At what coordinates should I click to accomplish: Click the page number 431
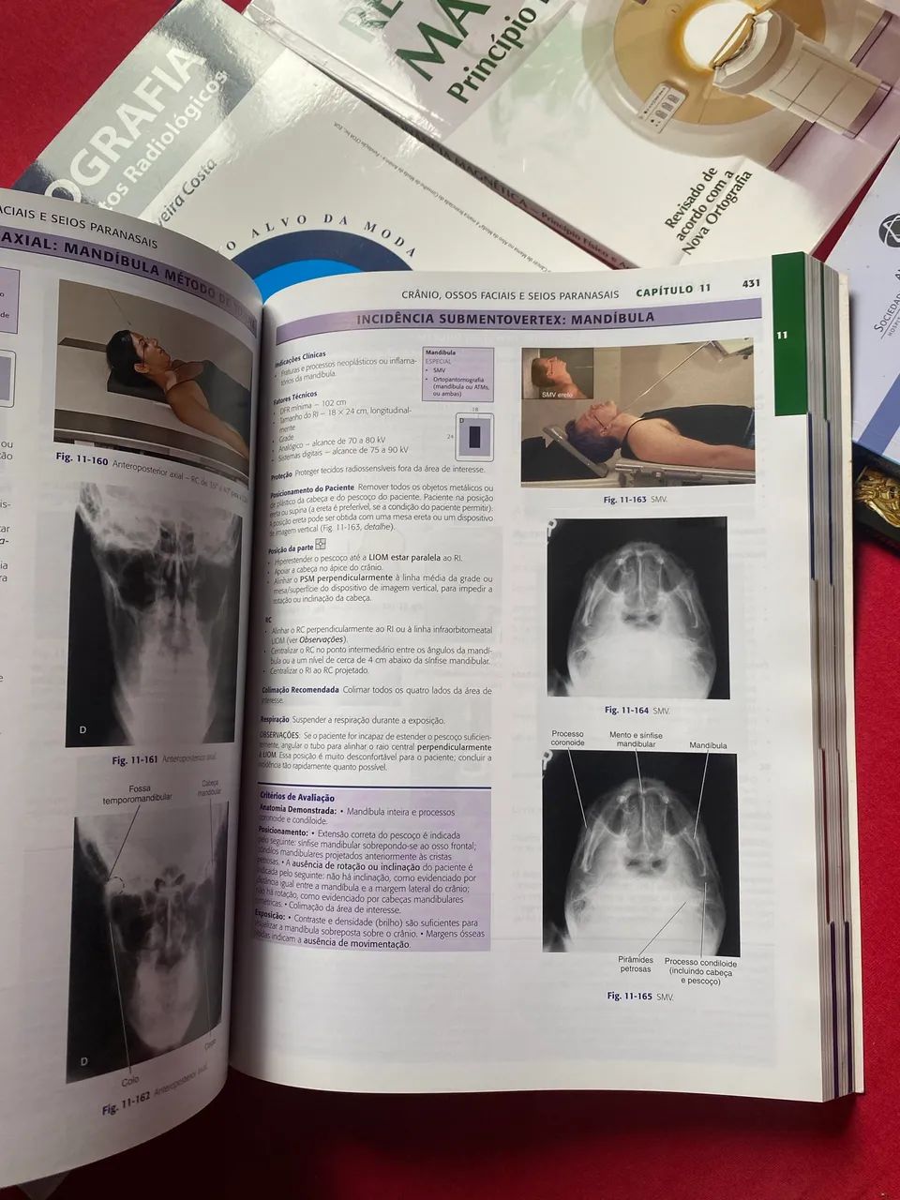750,283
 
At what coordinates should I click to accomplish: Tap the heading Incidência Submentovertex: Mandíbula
504,319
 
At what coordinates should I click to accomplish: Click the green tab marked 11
781,334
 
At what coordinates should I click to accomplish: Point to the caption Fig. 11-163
626,500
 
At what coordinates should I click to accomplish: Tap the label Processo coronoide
567,738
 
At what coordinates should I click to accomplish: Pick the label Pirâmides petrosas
635,964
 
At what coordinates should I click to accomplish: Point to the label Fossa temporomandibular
137,793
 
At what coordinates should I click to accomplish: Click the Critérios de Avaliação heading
298,797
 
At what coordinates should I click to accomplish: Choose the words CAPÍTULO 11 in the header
672,291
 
